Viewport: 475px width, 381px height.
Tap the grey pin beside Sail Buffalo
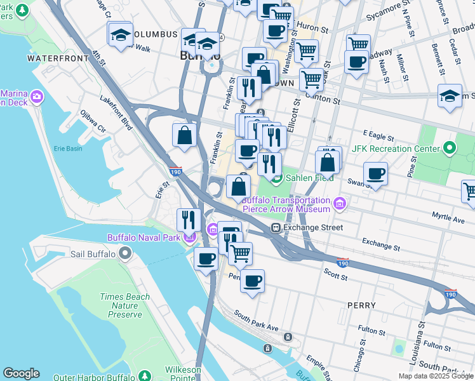pyautogui.click(x=125, y=254)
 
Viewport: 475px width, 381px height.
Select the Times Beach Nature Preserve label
pyautogui.click(x=125, y=305)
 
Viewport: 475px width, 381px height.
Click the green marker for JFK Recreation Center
pyautogui.click(x=450, y=149)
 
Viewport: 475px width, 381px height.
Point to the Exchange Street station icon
pyautogui.click(x=276, y=227)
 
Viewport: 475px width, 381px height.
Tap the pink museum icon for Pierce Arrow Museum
pyautogui.click(x=340, y=204)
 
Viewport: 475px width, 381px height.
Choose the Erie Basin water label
pyautogui.click(x=50, y=149)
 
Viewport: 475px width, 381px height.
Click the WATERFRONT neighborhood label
pyautogui.click(x=58, y=58)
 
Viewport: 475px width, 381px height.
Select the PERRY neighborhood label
pyautogui.click(x=361, y=305)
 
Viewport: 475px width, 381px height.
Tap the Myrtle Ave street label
pyautogui.click(x=448, y=218)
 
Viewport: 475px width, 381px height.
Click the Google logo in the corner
pyautogui.click(x=21, y=373)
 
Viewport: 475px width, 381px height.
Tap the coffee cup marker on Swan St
pyautogui.click(x=376, y=173)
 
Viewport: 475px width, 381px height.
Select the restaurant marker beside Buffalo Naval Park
pyautogui.click(x=188, y=220)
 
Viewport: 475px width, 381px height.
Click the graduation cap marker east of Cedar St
pyautogui.click(x=450, y=96)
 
